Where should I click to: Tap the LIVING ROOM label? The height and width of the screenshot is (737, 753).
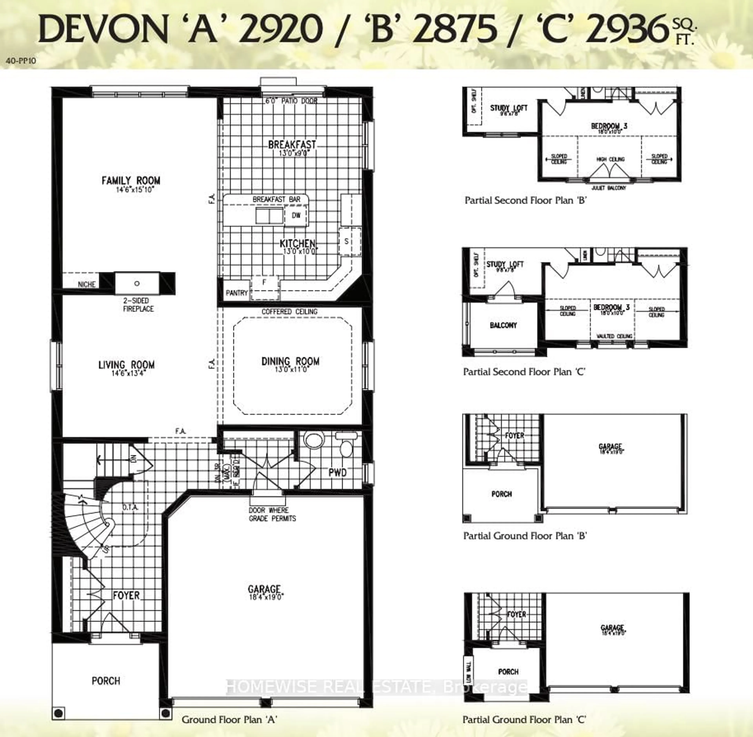(126, 365)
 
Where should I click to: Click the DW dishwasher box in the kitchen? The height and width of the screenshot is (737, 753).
(296, 215)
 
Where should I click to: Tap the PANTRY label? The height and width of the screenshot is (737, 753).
(236, 293)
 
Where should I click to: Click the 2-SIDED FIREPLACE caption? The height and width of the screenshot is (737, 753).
(138, 305)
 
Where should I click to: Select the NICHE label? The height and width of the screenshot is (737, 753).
(87, 284)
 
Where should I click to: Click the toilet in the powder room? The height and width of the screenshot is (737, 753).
(346, 445)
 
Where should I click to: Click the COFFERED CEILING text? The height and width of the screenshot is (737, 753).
(289, 312)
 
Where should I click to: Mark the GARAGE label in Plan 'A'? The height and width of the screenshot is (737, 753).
(264, 589)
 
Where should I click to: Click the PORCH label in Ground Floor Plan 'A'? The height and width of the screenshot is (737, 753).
(105, 681)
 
